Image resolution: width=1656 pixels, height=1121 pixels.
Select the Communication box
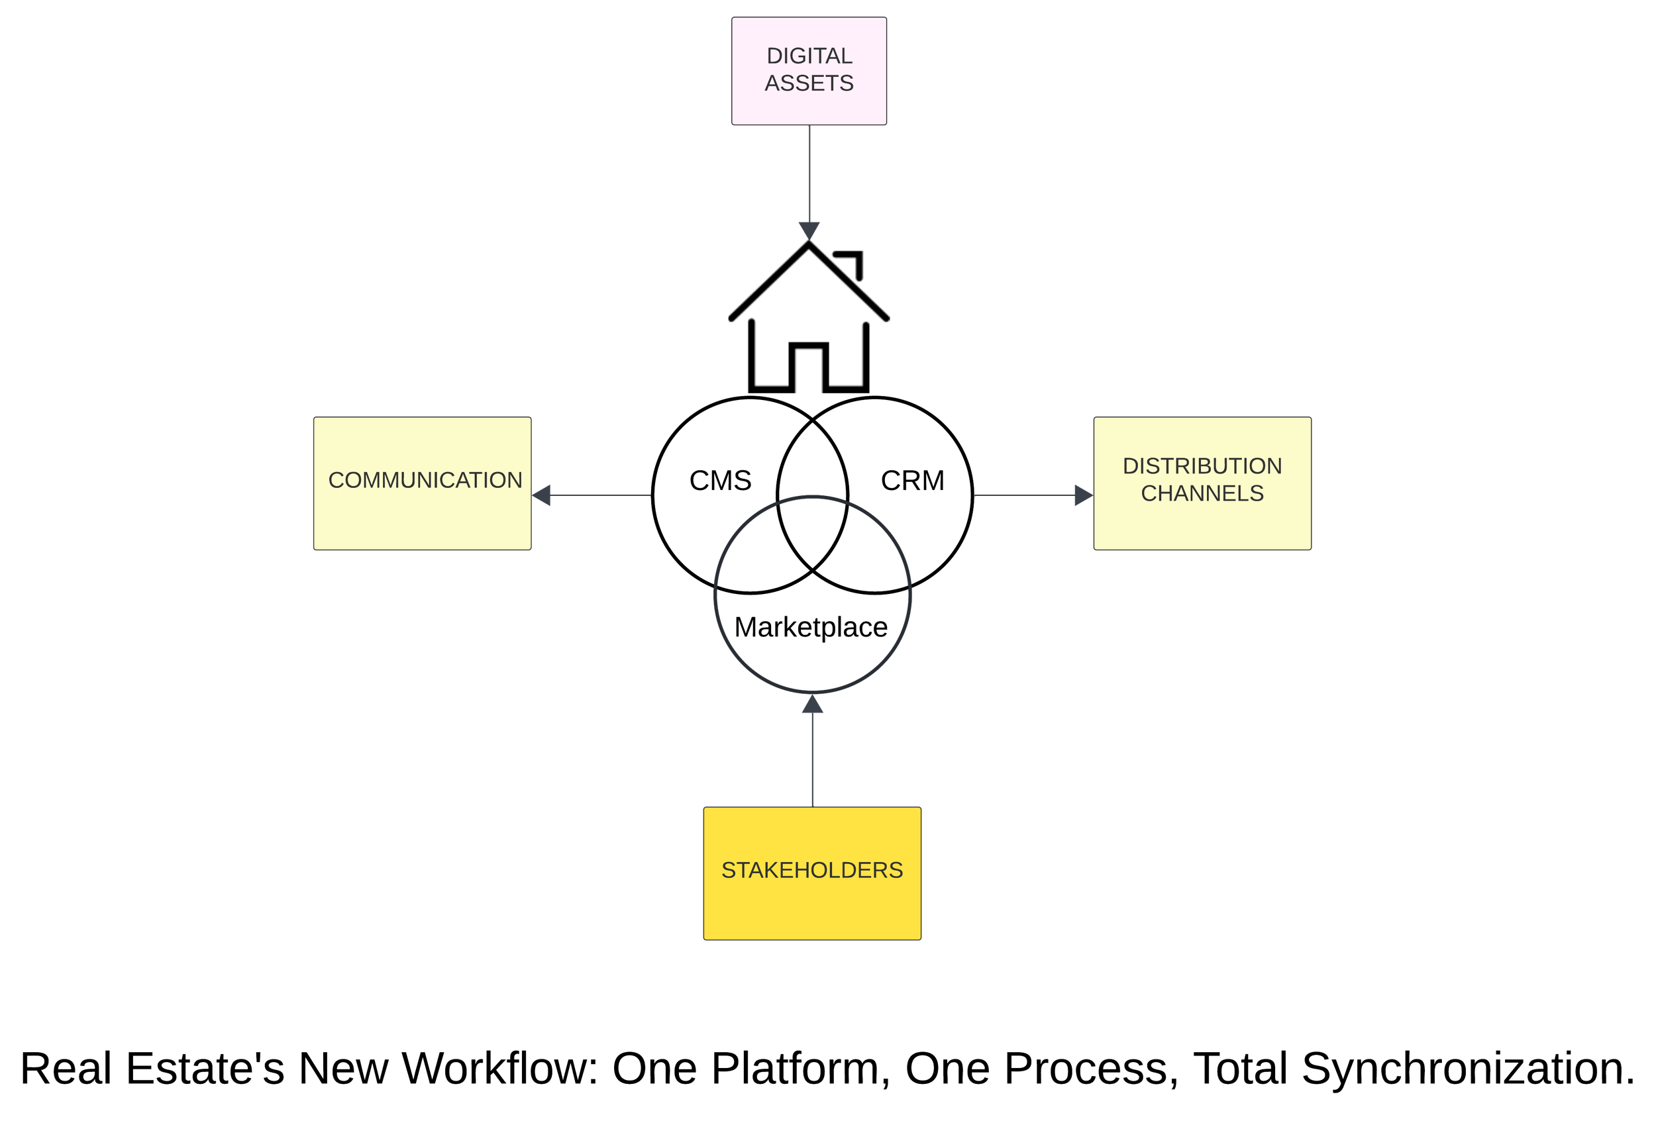pos(422,520)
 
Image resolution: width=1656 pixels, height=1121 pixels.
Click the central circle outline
pos(715,594)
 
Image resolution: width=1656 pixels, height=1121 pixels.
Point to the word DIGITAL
pos(809,56)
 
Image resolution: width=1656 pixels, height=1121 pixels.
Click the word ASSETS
pos(809,83)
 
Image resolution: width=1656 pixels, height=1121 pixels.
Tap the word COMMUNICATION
pos(425,480)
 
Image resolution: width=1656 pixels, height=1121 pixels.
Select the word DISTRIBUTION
pos(1202,465)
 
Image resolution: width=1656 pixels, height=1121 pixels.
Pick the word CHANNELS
pos(1202,493)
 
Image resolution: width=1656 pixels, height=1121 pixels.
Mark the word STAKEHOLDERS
pos(811,869)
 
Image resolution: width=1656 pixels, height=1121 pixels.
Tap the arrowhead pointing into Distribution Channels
pos(1083,495)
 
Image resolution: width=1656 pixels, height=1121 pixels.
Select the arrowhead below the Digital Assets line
pos(809,230)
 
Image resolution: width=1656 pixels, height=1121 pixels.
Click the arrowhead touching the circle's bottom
pos(812,705)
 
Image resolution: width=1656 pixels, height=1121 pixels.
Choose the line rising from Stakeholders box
pos(812,759)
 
